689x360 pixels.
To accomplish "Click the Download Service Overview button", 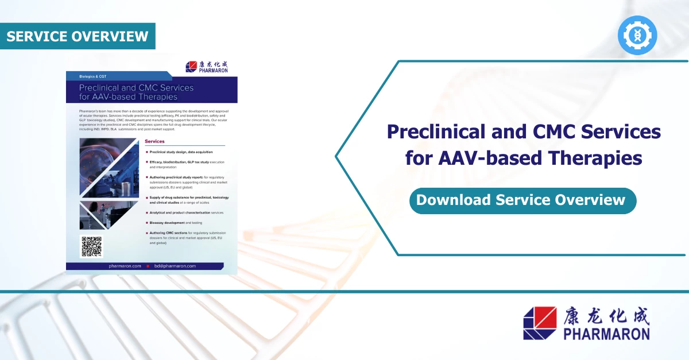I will pyautogui.click(x=520, y=200).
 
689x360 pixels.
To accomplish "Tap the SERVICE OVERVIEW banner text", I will pyautogui.click(x=78, y=36).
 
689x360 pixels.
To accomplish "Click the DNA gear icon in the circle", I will pyautogui.click(x=637, y=36).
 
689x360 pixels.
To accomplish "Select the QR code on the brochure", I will pyautogui.click(x=91, y=247).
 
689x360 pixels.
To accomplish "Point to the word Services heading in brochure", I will pyautogui.click(x=154, y=141).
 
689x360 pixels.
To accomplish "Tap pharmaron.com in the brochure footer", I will pyautogui.click(x=125, y=266).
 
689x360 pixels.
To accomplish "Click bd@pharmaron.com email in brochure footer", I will pyautogui.click(x=175, y=266).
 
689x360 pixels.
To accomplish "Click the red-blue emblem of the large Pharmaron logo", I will pyautogui.click(x=540, y=323).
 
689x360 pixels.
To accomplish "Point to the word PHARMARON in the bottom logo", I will pyautogui.click(x=606, y=334).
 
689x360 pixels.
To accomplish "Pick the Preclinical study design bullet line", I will pyautogui.click(x=181, y=152).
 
